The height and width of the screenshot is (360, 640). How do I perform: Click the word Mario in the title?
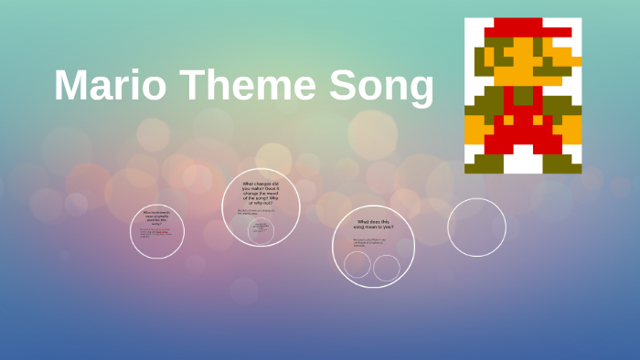[x=110, y=86]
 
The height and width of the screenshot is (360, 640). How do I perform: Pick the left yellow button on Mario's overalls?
[x=508, y=120]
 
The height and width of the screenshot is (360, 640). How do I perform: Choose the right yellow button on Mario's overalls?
[x=539, y=120]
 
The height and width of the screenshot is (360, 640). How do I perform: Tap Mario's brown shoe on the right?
[x=562, y=164]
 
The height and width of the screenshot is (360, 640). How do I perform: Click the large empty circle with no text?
[x=476, y=228]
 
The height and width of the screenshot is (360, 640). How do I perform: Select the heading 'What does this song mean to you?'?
[x=373, y=225]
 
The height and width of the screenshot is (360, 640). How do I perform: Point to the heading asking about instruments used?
[x=156, y=217]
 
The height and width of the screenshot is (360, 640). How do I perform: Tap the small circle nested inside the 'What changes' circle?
[x=261, y=230]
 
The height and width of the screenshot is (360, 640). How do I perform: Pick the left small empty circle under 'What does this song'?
[x=357, y=265]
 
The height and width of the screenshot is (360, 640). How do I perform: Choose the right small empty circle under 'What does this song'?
[x=387, y=268]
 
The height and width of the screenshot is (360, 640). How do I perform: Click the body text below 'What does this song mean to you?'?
[x=370, y=243]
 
